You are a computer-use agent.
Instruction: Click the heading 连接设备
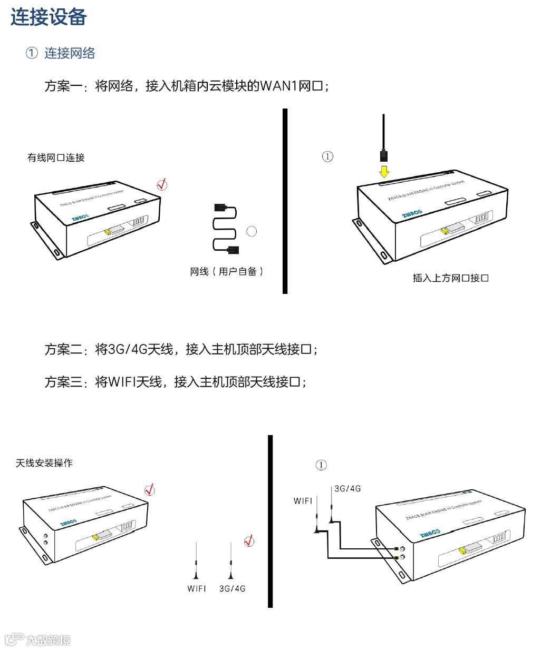(49, 17)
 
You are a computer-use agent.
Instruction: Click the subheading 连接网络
(69, 53)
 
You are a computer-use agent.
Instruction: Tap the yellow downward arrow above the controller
(384, 172)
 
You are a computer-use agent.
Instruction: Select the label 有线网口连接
(56, 157)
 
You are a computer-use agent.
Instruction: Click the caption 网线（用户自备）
(227, 272)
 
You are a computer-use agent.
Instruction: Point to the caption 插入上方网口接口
(450, 278)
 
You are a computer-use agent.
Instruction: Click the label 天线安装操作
(44, 463)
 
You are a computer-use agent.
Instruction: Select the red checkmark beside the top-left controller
(162, 184)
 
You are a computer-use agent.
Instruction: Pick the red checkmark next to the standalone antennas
(249, 541)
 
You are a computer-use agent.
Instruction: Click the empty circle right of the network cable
(252, 231)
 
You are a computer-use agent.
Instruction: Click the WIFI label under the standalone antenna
(197, 588)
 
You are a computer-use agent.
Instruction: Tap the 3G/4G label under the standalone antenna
(233, 588)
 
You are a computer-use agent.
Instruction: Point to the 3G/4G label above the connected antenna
(347, 489)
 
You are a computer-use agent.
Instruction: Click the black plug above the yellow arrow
(383, 155)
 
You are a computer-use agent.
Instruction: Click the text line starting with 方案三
(176, 382)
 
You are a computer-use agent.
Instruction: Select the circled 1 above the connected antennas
(321, 465)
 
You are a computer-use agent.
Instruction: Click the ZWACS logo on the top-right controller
(412, 213)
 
